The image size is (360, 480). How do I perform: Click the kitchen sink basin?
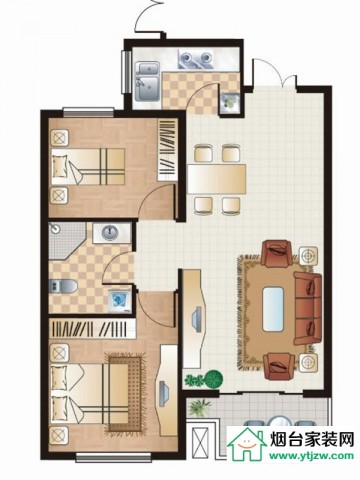(148, 82)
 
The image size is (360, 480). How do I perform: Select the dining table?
(217, 179)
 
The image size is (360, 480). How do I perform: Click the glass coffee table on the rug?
(273, 309)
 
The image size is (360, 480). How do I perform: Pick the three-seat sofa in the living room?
(308, 308)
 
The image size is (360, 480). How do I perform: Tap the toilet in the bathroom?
(63, 286)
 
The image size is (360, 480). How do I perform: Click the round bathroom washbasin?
(110, 233)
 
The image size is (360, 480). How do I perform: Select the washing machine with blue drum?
(119, 300)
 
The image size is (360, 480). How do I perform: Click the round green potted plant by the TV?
(213, 379)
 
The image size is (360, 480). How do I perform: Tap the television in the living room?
(197, 319)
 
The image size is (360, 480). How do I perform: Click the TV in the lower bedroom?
(164, 393)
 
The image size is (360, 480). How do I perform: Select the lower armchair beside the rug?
(279, 366)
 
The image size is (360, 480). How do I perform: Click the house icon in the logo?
(246, 443)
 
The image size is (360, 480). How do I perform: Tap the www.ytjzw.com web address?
(311, 456)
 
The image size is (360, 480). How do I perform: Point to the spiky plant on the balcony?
(199, 407)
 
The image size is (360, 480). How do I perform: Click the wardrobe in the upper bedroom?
(167, 150)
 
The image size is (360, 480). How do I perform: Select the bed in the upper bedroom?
(88, 167)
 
